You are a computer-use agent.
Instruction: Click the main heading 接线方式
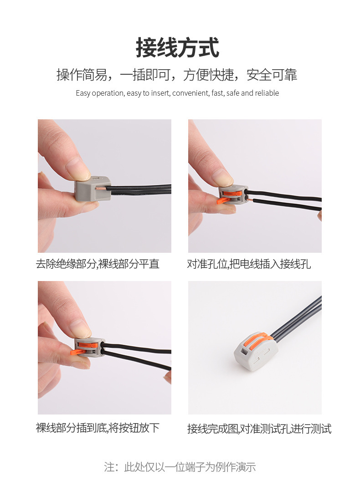click(177, 48)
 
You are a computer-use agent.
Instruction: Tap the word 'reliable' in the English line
click(267, 93)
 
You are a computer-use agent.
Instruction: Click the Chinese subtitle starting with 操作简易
click(177, 74)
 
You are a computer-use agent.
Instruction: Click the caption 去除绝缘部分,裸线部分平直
click(98, 264)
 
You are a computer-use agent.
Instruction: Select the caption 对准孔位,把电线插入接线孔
click(249, 264)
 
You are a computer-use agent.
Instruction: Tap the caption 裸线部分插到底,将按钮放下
click(98, 428)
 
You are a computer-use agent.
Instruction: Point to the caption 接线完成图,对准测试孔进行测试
click(259, 429)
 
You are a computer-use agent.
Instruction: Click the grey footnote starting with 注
click(180, 467)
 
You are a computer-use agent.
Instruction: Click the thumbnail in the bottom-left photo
click(80, 328)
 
